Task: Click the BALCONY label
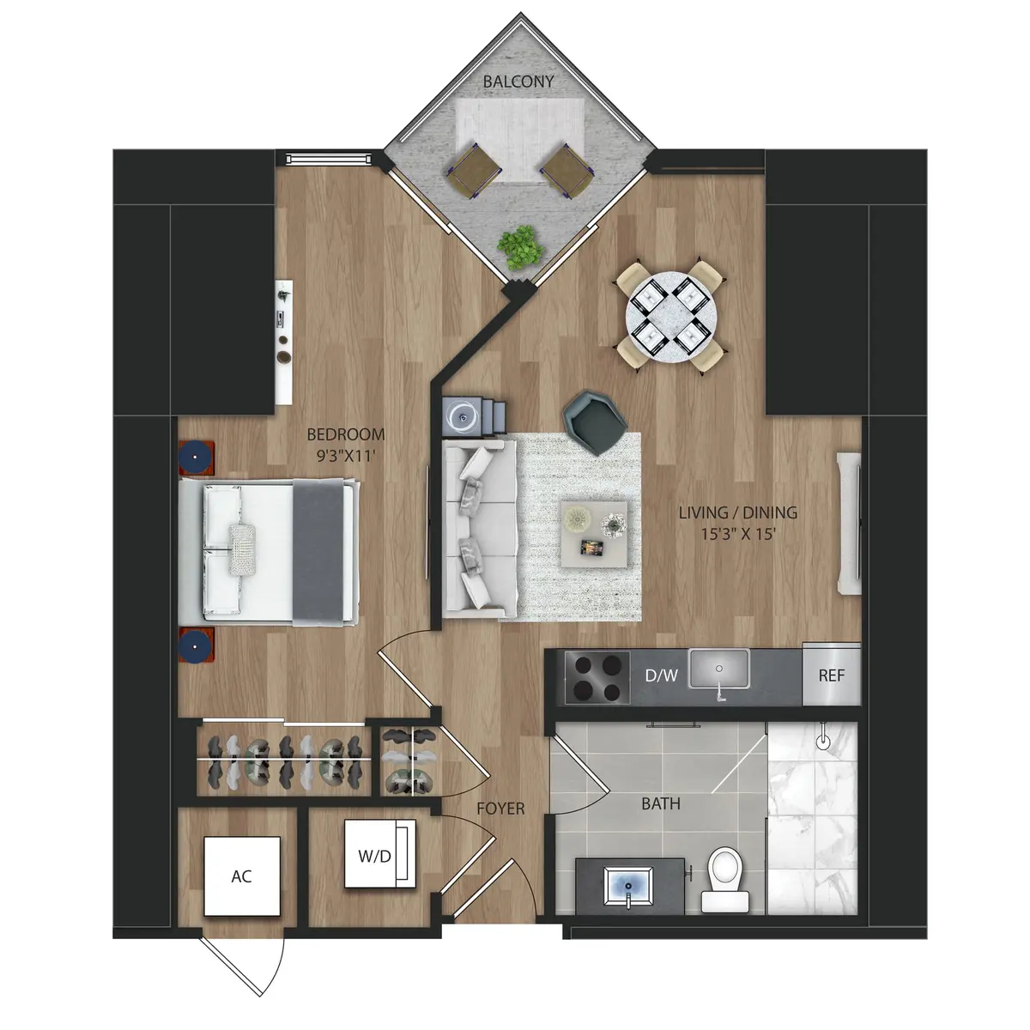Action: point(518,82)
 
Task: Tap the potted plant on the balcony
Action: point(520,246)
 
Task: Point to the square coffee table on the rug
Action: point(592,531)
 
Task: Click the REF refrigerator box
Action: point(831,675)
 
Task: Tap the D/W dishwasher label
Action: point(661,676)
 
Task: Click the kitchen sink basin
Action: point(719,670)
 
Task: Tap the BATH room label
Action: point(661,804)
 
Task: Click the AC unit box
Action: point(242,875)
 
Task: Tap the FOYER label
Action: point(500,809)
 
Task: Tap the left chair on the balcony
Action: point(475,171)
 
